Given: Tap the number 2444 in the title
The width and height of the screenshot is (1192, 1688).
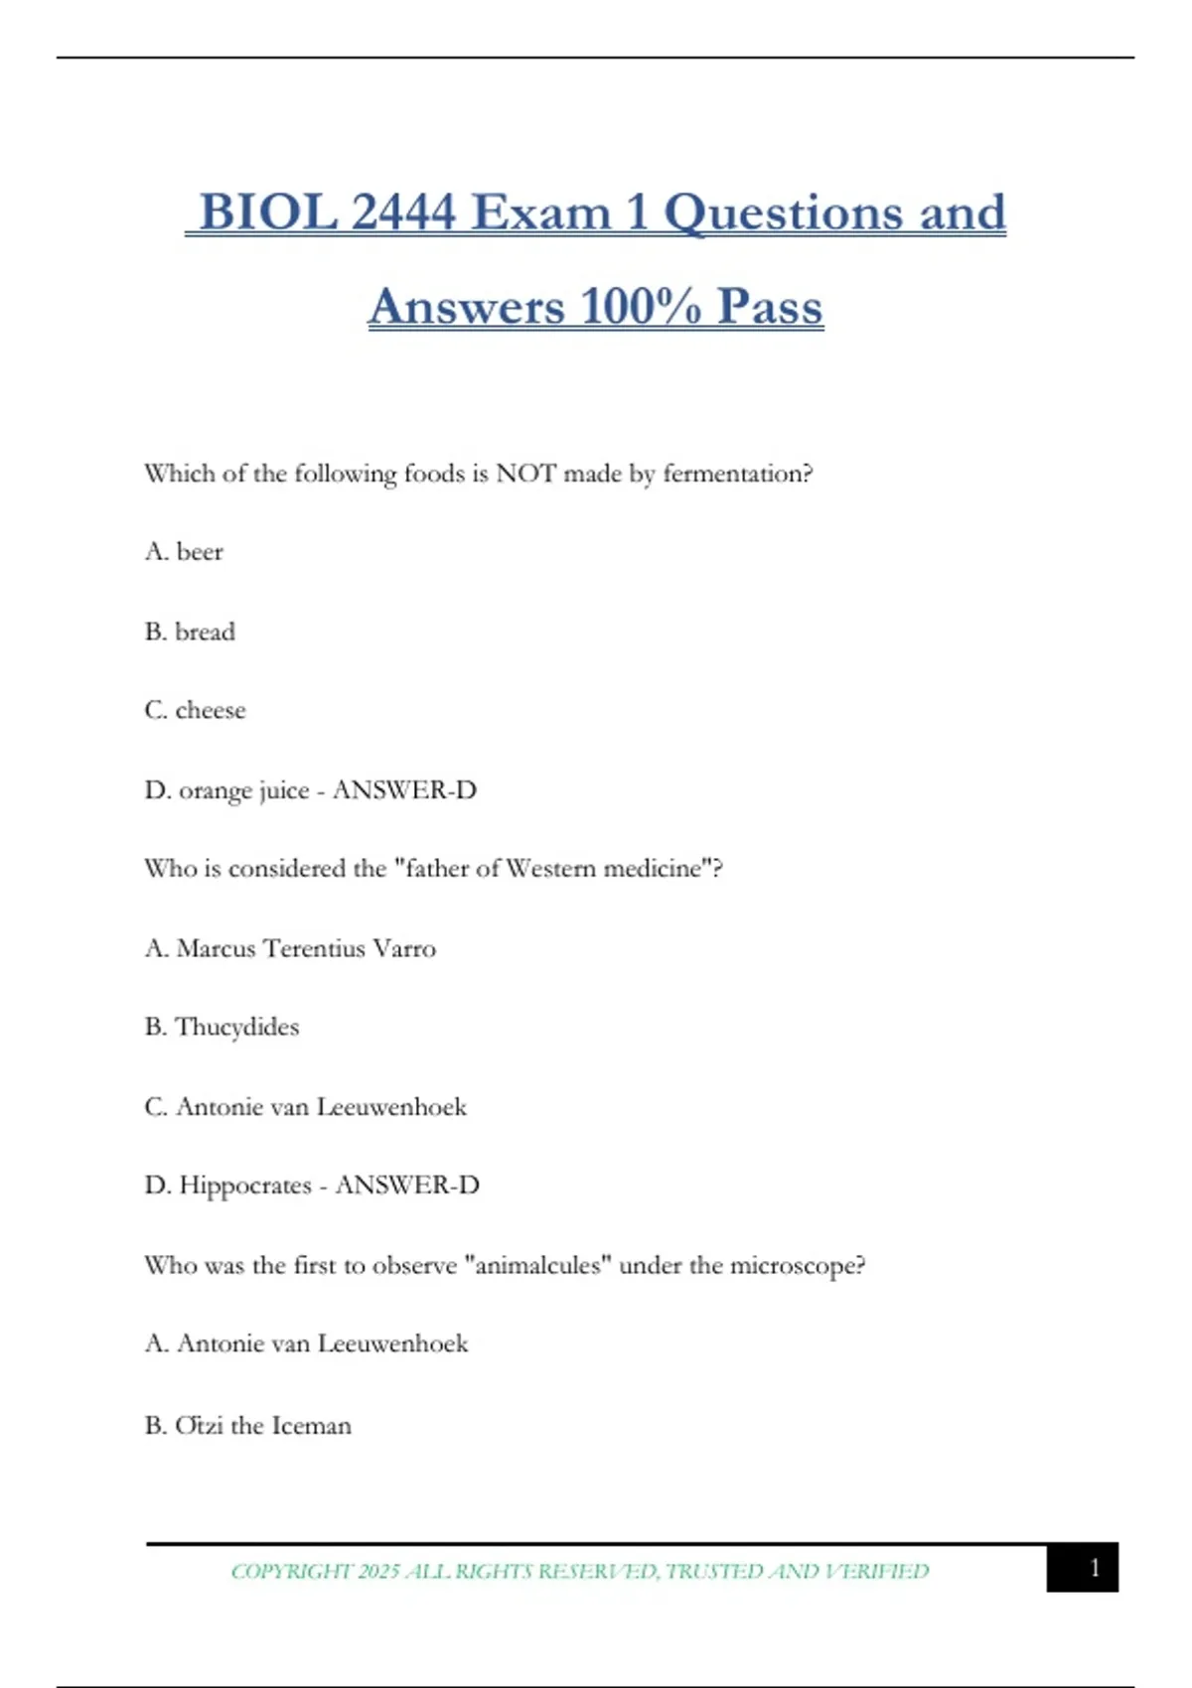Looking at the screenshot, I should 403,213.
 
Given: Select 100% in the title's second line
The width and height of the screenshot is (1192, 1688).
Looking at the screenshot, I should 641,307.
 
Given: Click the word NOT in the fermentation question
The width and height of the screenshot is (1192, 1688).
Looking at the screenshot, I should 525,474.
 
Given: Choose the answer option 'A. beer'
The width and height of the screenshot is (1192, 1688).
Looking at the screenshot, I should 184,552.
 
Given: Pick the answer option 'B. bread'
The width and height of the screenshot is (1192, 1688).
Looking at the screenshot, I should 190,632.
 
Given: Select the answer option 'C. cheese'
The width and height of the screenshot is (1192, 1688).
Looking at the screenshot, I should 195,711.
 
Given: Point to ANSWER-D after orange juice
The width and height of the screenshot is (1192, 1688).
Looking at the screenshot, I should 404,790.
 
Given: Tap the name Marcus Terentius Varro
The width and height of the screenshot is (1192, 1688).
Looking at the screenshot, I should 306,948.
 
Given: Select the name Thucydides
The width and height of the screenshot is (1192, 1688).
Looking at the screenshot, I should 237,1028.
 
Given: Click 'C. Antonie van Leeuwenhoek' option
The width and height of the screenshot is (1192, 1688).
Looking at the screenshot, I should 305,1106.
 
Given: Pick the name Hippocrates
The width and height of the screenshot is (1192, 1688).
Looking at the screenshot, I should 245,1186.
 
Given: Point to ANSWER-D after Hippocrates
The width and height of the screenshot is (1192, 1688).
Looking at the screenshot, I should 407,1186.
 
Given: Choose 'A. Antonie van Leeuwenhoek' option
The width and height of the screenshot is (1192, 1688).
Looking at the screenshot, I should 306,1343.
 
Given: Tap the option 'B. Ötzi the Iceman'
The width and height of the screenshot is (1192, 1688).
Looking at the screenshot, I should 247,1426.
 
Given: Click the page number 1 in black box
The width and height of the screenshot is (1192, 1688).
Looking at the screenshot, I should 1094,1568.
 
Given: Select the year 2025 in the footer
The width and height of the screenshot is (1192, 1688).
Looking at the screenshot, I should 378,1571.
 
